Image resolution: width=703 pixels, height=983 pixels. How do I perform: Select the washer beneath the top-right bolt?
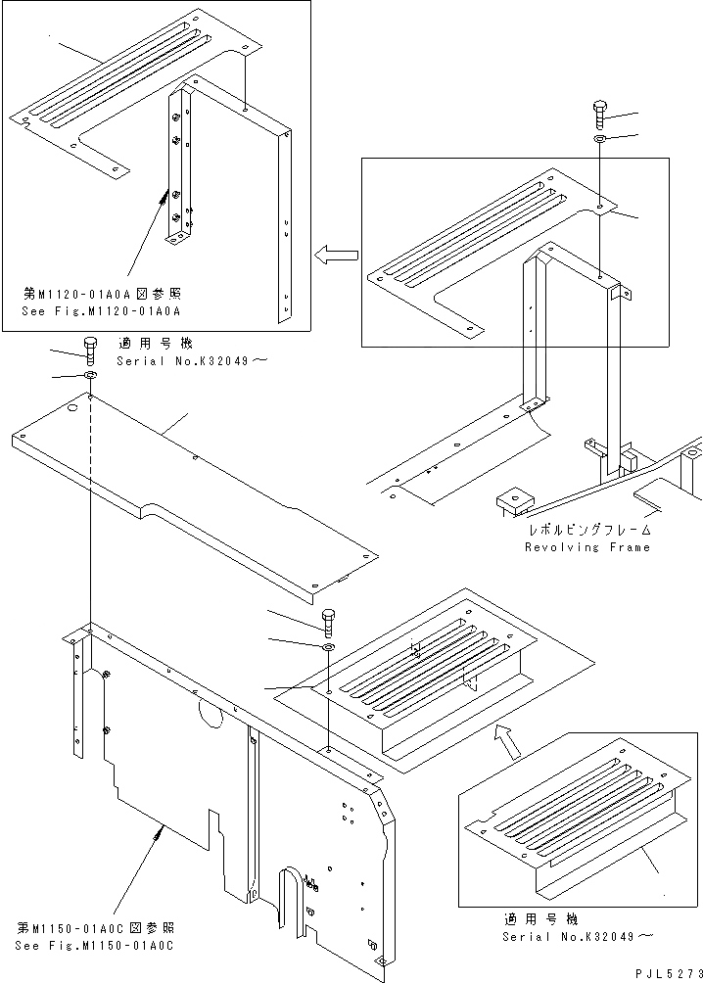click(598, 142)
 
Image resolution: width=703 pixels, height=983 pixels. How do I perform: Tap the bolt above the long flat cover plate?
click(90, 348)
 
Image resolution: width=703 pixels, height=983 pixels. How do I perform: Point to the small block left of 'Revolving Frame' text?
click(512, 500)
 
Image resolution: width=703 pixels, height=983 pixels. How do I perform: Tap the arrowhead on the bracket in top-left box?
click(162, 197)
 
